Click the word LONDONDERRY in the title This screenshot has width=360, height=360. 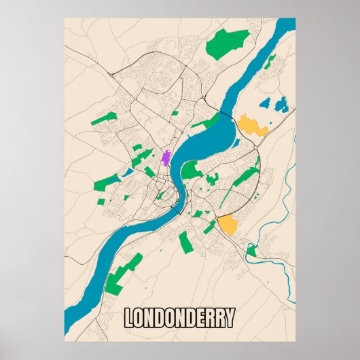pos(180,317)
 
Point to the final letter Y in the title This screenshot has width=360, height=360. pos(230,317)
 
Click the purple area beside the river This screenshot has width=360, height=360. pos(165,158)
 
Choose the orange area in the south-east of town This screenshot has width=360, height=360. pos(226,224)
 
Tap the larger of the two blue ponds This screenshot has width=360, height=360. pos(281,104)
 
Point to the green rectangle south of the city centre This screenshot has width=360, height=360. pos(185,242)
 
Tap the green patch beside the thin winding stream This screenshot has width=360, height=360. pos(251,251)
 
